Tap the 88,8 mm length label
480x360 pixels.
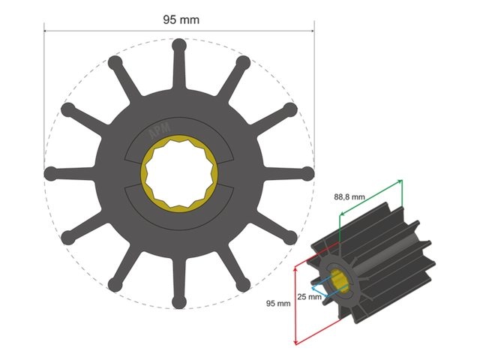349,196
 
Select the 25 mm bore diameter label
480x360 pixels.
308,297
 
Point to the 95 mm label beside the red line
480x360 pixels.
278,304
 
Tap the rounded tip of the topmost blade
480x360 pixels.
178,45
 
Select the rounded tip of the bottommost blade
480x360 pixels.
178,301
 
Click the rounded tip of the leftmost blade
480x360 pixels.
50,173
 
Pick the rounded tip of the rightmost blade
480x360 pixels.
307,173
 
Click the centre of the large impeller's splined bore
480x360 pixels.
179,173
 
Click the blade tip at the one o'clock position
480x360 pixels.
243,62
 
